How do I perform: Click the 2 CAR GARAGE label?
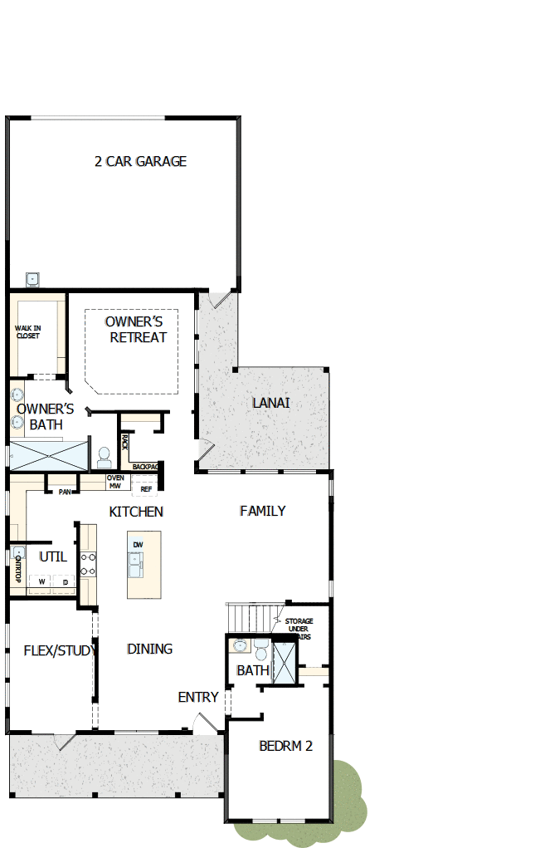[140, 162]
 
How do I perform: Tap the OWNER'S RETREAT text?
[139, 329]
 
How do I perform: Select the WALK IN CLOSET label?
[27, 332]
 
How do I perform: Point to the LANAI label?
[271, 404]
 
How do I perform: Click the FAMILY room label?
[262, 511]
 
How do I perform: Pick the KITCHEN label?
[136, 512]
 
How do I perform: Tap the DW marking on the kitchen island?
[138, 544]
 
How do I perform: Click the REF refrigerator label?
[145, 489]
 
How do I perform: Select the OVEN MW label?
[114, 482]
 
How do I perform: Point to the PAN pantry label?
[64, 492]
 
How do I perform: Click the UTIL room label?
[53, 556]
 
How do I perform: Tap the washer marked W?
[41, 582]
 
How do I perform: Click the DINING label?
[149, 649]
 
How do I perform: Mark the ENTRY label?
[198, 697]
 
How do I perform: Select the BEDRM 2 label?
[285, 746]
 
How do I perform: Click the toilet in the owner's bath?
[105, 456]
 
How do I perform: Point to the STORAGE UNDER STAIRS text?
[299, 629]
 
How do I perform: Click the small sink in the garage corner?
[32, 278]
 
